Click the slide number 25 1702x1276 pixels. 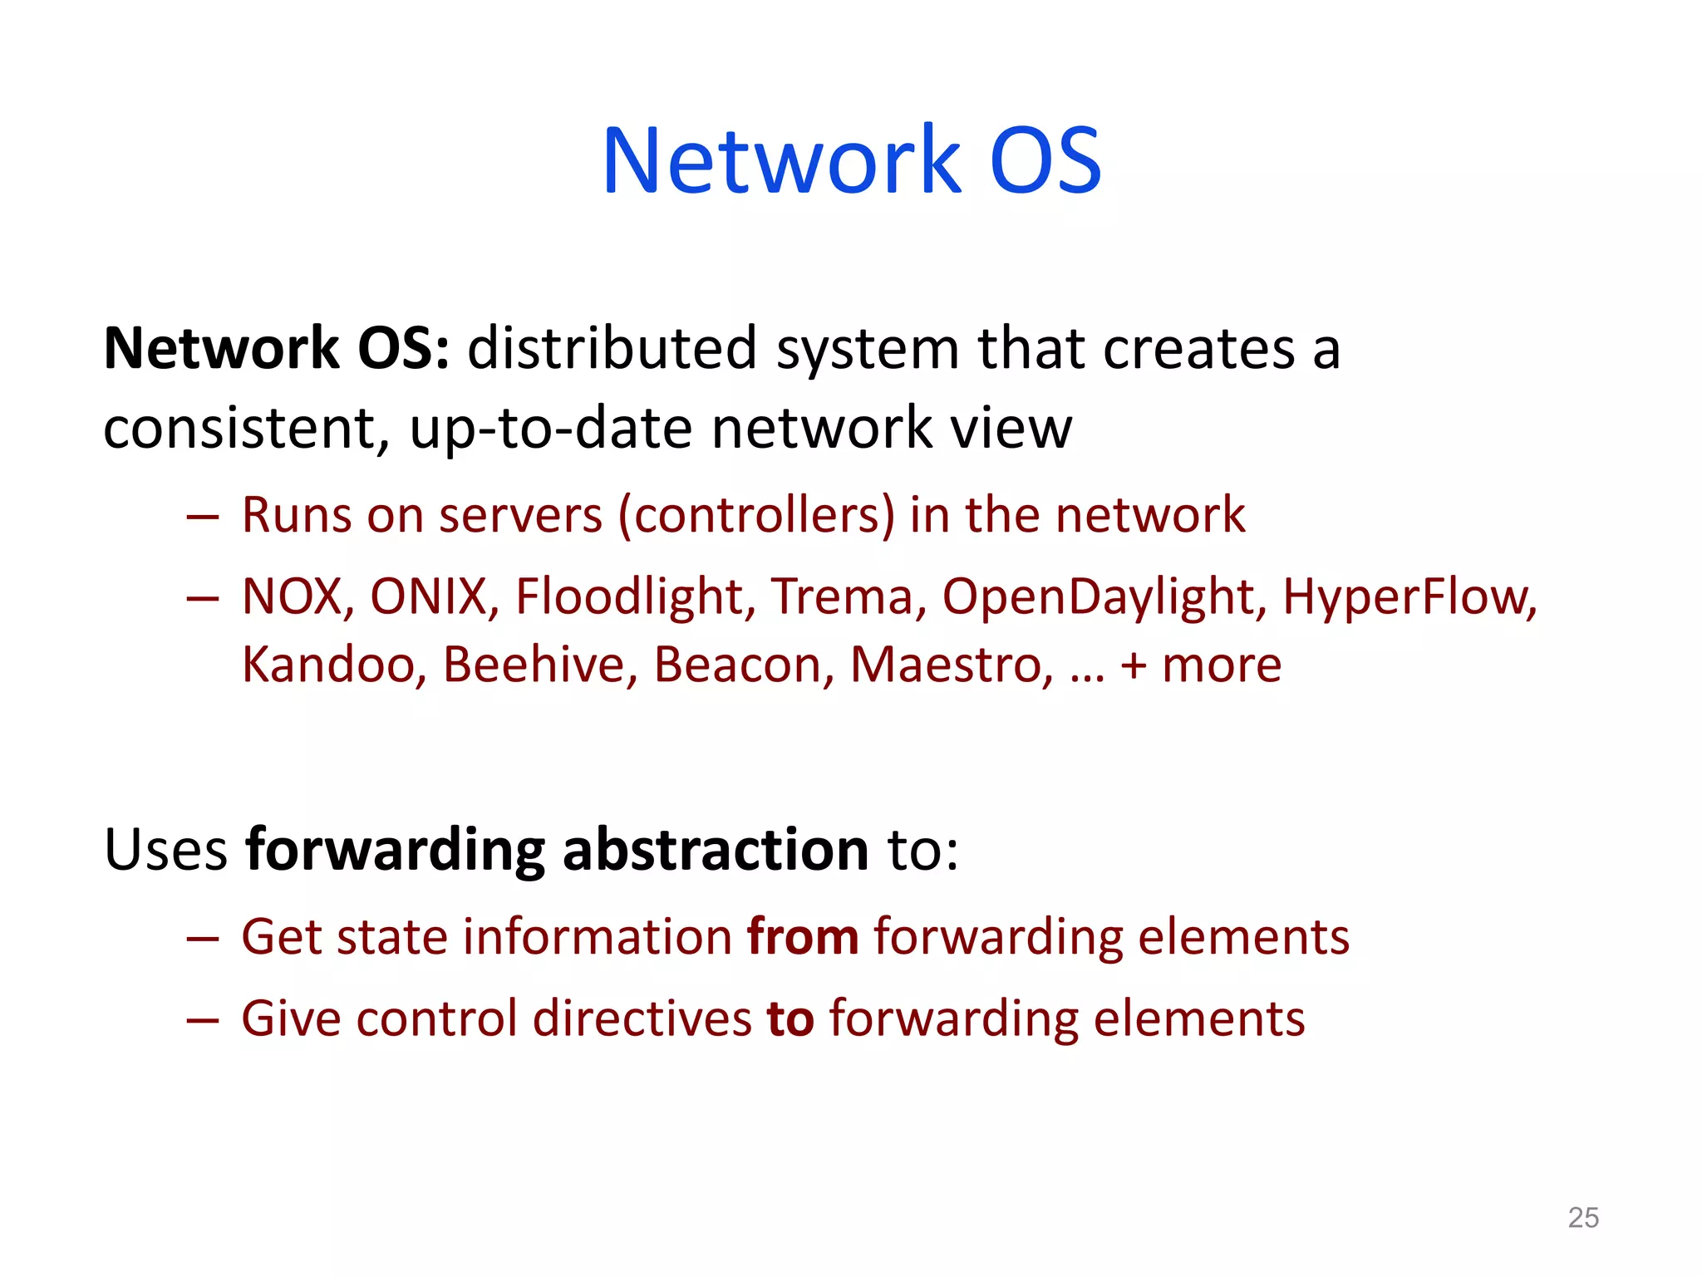click(1582, 1218)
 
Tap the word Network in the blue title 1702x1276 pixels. click(781, 160)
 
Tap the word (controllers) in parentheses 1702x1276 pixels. click(756, 515)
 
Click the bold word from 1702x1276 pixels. click(803, 937)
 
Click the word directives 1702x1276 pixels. click(642, 1018)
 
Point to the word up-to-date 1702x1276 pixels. click(550, 429)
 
